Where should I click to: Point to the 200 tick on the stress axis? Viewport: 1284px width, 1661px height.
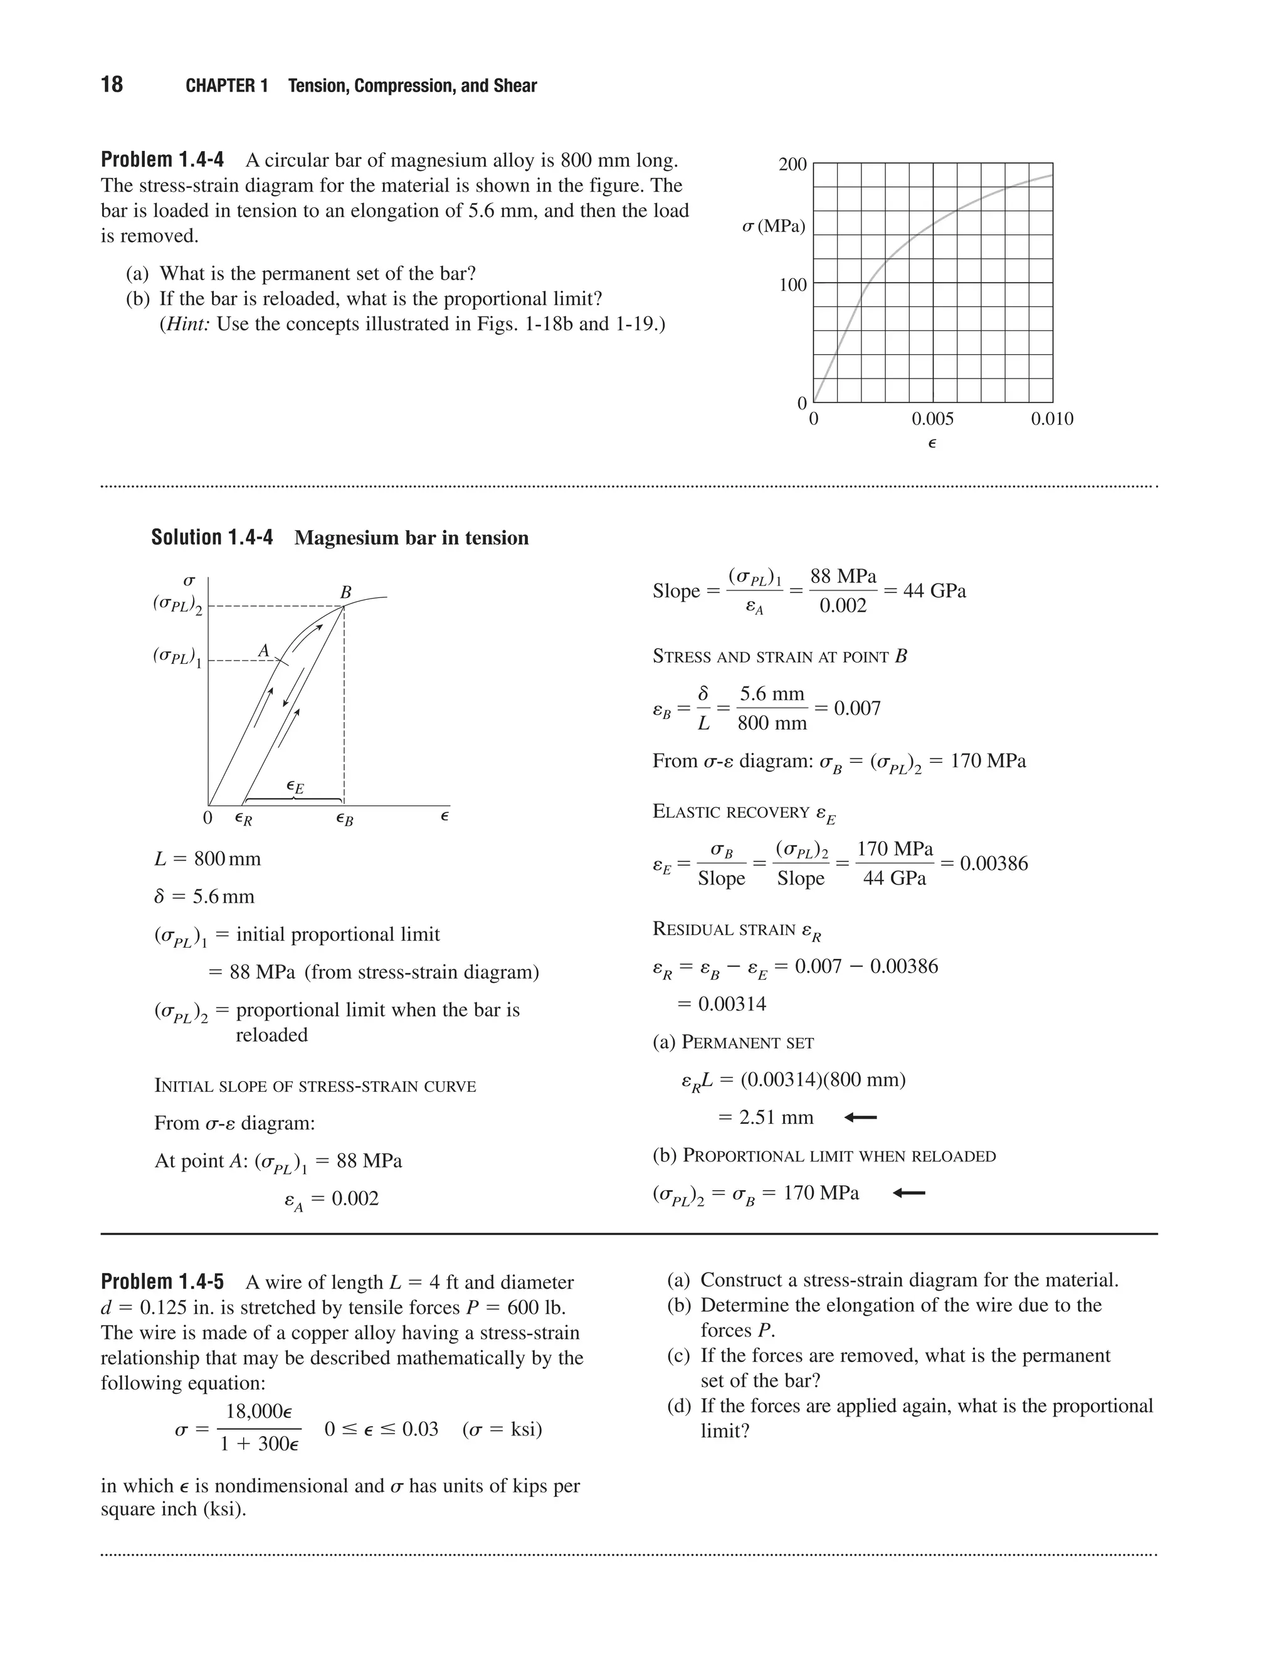click(792, 164)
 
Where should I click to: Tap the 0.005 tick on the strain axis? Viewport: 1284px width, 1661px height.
click(932, 419)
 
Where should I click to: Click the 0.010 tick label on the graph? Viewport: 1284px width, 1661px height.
click(1052, 419)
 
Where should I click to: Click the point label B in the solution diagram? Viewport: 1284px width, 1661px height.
click(345, 592)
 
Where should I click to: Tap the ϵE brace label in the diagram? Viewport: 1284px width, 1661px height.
click(295, 787)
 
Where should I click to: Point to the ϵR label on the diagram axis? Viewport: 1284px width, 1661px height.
click(243, 819)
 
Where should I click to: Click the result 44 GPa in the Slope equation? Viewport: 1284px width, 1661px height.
click(934, 591)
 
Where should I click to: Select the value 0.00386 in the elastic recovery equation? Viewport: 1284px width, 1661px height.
click(994, 863)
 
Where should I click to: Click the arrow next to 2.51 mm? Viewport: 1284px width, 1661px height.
click(860, 1117)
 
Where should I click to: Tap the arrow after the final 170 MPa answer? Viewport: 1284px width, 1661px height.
click(908, 1193)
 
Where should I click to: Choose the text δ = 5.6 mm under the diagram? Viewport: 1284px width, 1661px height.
click(204, 897)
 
